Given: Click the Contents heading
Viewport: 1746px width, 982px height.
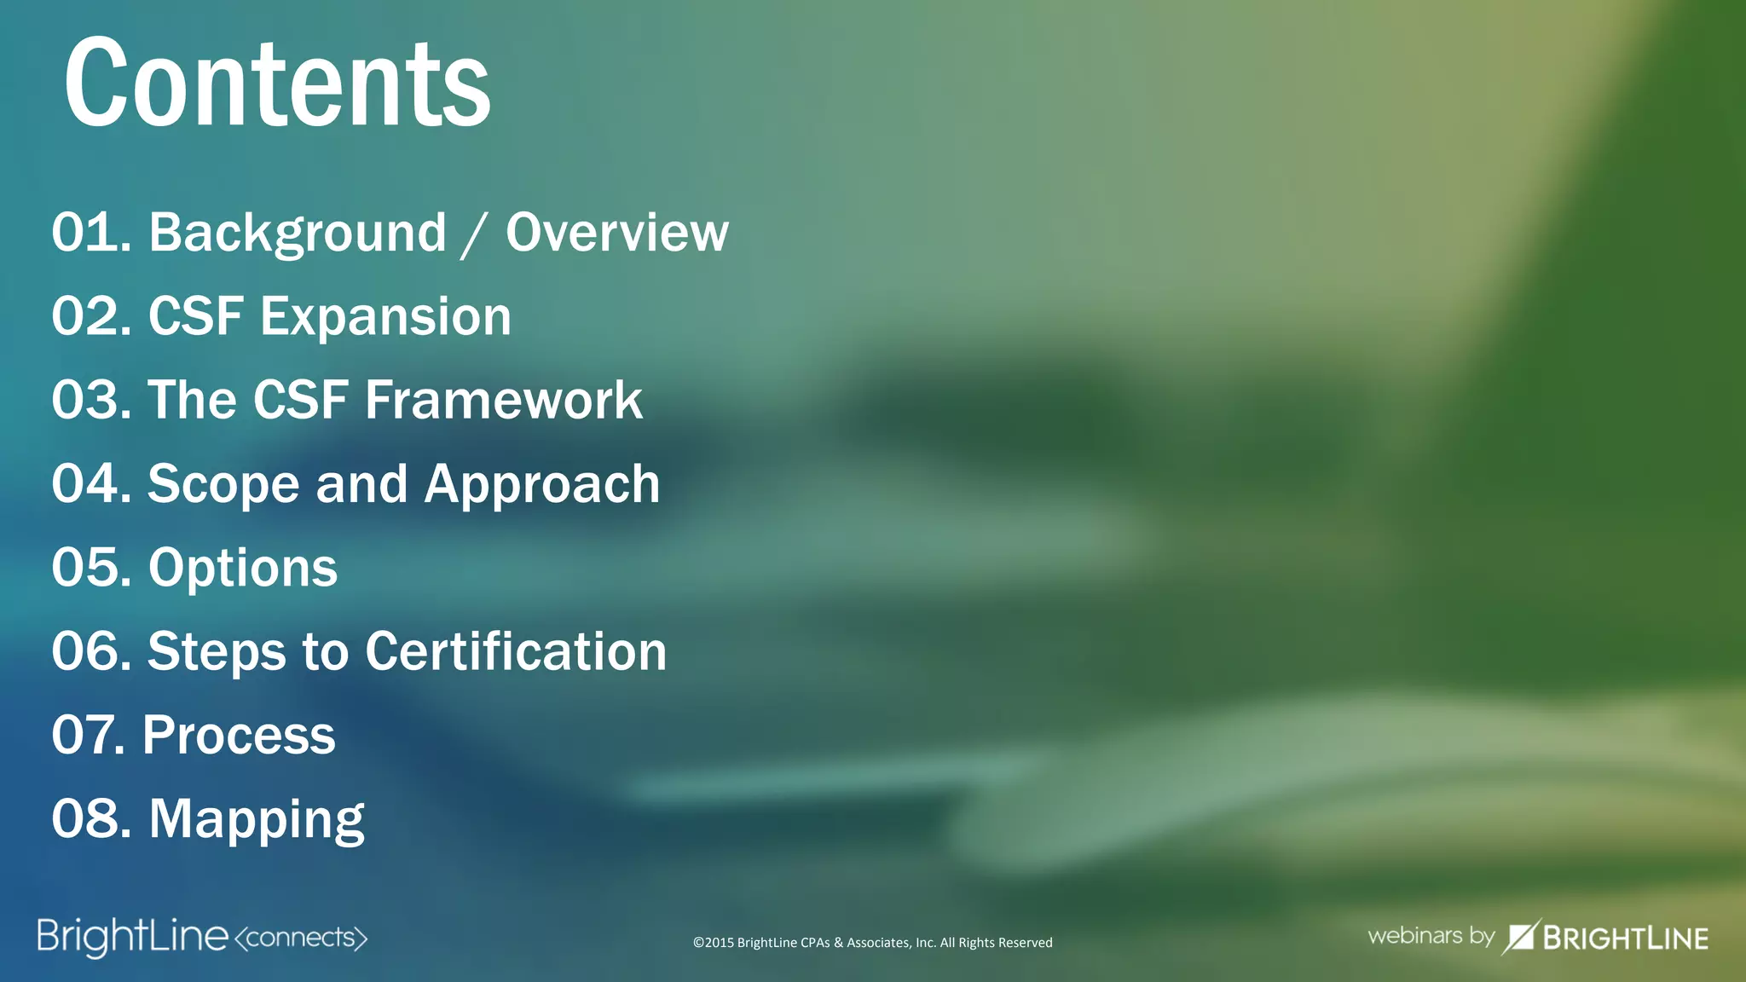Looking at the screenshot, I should click(x=277, y=83).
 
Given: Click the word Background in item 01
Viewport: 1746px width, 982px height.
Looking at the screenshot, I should click(x=298, y=233).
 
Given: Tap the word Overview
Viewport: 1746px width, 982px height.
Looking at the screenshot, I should click(x=617, y=233).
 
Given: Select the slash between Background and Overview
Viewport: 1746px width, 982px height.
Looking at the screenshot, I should click(x=474, y=235).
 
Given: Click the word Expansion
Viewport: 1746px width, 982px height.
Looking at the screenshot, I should click(x=385, y=316).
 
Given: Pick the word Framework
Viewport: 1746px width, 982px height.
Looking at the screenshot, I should click(x=504, y=400).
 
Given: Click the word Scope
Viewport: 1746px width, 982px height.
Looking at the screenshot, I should click(x=223, y=484).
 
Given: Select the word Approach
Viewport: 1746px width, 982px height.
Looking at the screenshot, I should click(x=542, y=484).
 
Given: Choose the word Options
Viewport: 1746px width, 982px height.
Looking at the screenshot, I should click(x=243, y=568).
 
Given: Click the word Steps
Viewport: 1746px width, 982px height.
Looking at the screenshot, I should click(x=217, y=651).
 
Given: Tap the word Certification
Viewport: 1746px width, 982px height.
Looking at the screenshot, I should click(x=516, y=651).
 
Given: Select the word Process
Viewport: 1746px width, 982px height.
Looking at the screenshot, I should click(x=239, y=735).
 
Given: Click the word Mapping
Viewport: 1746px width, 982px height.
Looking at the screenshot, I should click(x=257, y=819).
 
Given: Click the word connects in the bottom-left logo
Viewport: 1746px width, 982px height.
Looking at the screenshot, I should click(x=300, y=938).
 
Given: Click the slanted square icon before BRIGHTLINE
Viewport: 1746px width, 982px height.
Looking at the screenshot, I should click(x=1520, y=937).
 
